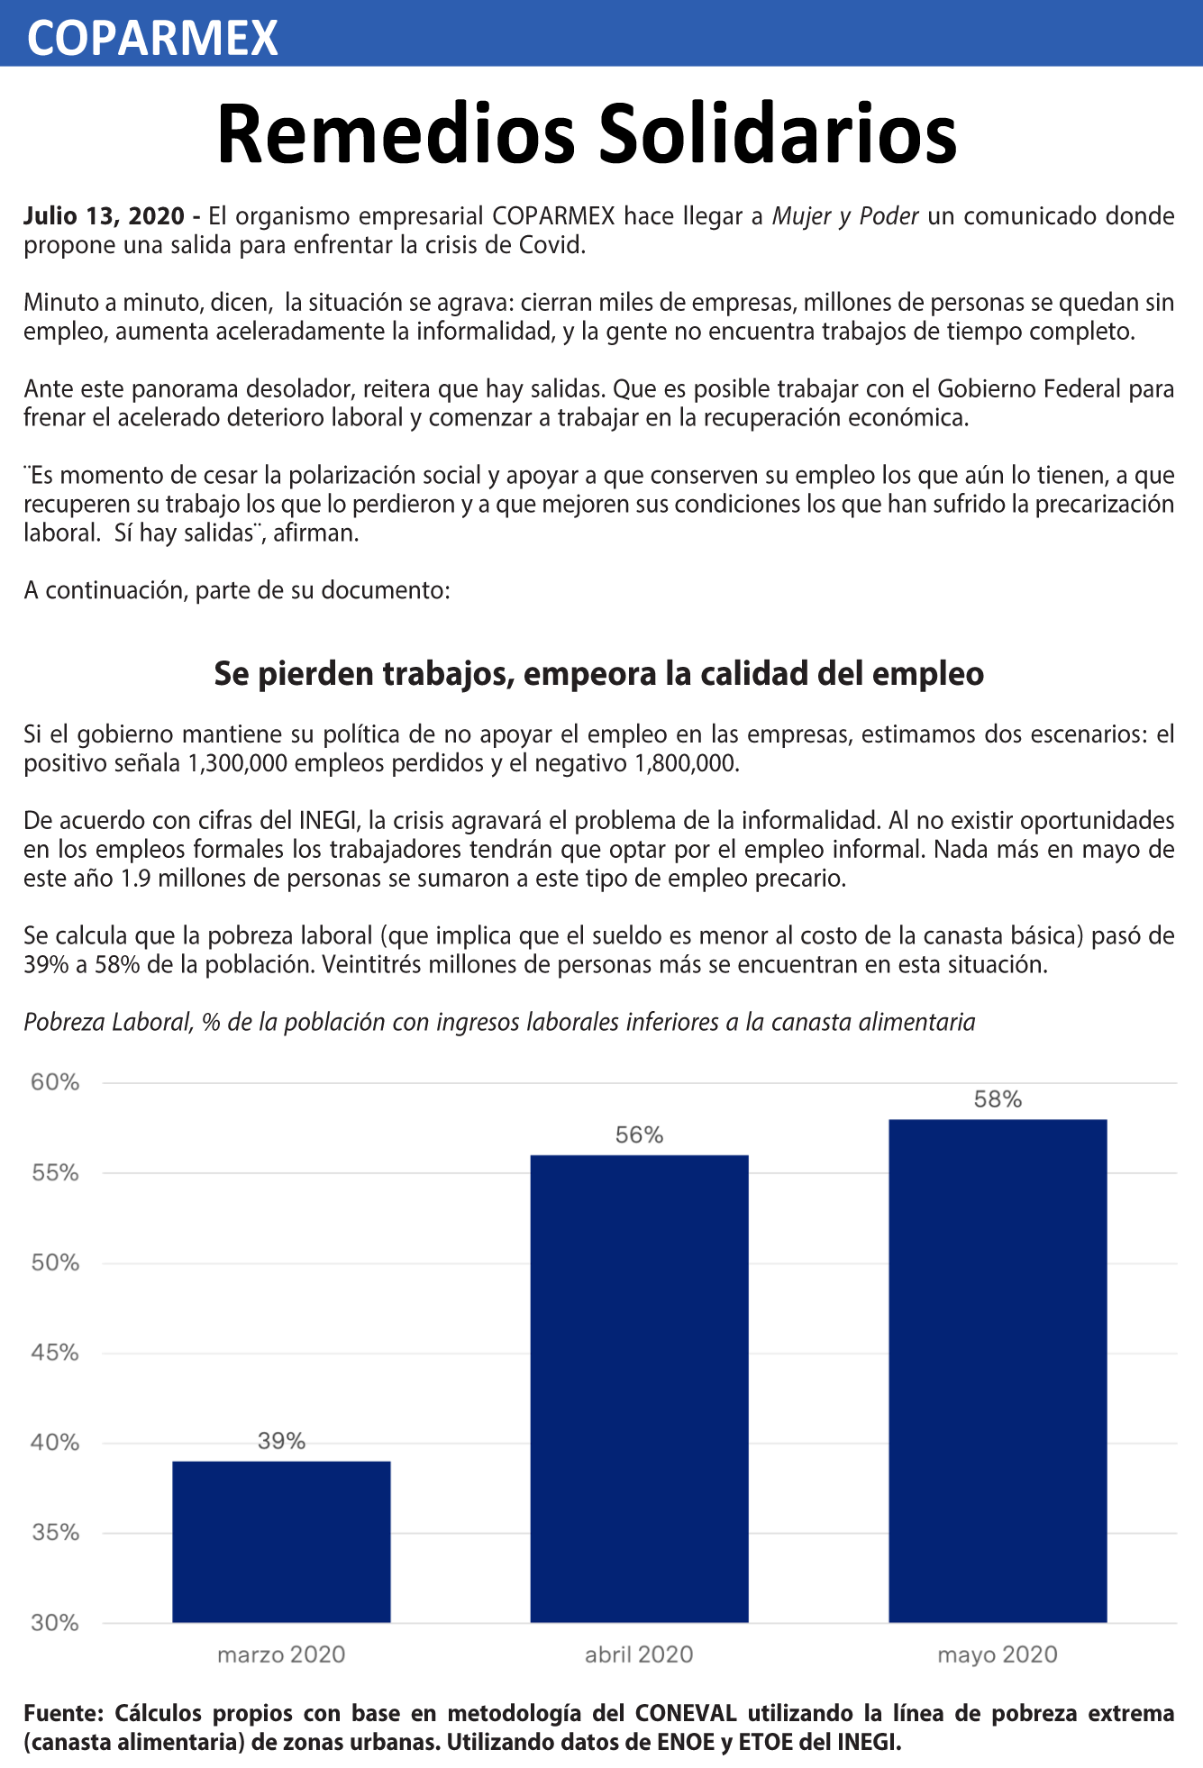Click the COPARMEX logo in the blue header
tap(153, 37)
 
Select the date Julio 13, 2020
tap(104, 216)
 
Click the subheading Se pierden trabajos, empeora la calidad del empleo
tap(599, 674)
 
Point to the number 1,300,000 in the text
tap(237, 763)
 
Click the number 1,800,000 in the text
tap(687, 763)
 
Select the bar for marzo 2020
tap(281, 1542)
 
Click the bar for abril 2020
tap(639, 1389)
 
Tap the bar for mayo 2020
tap(998, 1371)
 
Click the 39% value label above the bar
tap(281, 1441)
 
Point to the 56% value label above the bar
tap(639, 1135)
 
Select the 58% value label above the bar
tap(998, 1099)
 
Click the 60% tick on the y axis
tap(56, 1082)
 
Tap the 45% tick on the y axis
tap(56, 1353)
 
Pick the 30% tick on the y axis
tap(56, 1623)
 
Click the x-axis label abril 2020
tap(639, 1654)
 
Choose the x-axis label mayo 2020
tap(998, 1654)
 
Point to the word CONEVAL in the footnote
tap(686, 1713)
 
